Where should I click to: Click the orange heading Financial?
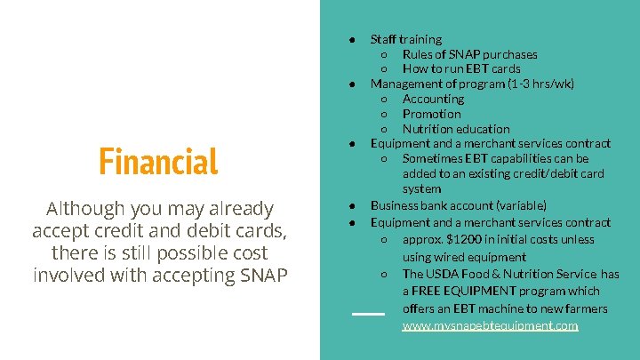pyautogui.click(x=158, y=162)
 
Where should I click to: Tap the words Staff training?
pyautogui.click(x=405, y=39)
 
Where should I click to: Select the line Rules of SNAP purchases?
pyautogui.click(x=469, y=54)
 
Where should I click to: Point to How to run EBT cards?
pyautogui.click(x=461, y=68)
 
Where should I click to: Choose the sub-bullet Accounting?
pyautogui.click(x=433, y=99)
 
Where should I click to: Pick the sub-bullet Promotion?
pyautogui.click(x=431, y=114)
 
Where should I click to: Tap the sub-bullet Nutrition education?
pyautogui.click(x=456, y=129)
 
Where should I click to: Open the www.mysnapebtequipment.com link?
pyautogui.click(x=490, y=326)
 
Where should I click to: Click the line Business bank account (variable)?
pyautogui.click(x=458, y=204)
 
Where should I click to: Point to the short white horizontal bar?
pyautogui.click(x=368, y=314)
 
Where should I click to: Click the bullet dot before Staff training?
pyautogui.click(x=353, y=39)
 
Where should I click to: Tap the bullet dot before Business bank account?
pyautogui.click(x=353, y=204)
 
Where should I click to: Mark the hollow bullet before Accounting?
pyautogui.click(x=384, y=99)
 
